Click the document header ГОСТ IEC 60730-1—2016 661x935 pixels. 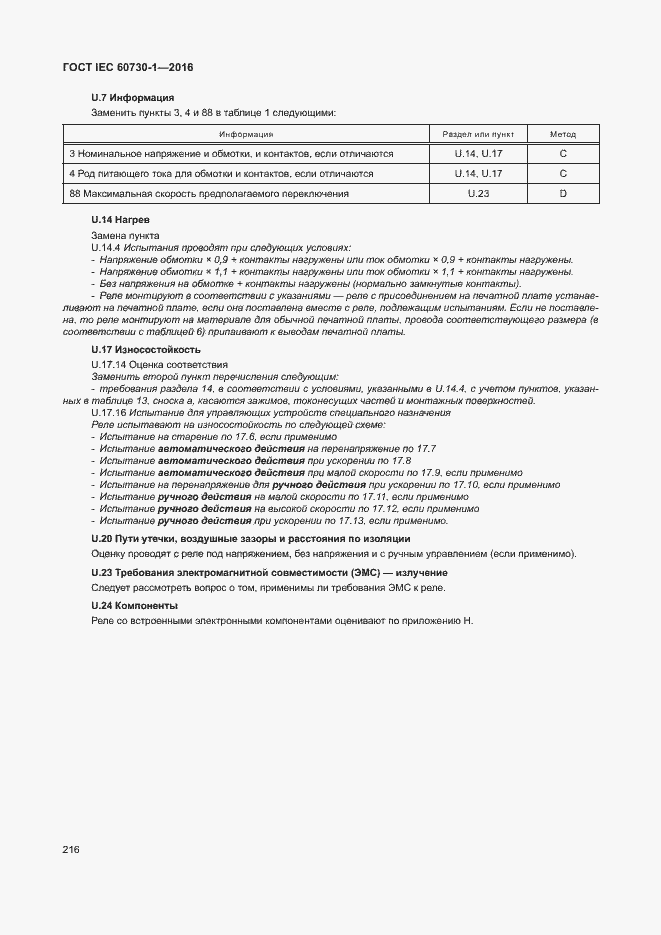(129, 67)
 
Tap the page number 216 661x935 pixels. (71, 849)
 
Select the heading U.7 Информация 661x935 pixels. (132, 98)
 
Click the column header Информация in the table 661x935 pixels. (246, 134)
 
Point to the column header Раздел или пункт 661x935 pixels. (478, 134)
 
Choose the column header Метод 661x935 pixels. (563, 134)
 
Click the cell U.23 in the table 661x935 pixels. (478, 193)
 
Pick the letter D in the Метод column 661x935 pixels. (563, 193)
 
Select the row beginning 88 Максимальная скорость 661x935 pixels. (209, 193)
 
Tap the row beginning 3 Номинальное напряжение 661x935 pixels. (231, 154)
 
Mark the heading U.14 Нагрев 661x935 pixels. (120, 219)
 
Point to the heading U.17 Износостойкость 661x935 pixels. (146, 350)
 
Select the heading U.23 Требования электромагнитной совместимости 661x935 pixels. (255, 573)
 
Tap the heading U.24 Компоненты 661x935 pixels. (134, 606)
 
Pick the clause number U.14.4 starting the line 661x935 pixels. (105, 246)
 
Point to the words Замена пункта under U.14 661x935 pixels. (119, 234)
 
